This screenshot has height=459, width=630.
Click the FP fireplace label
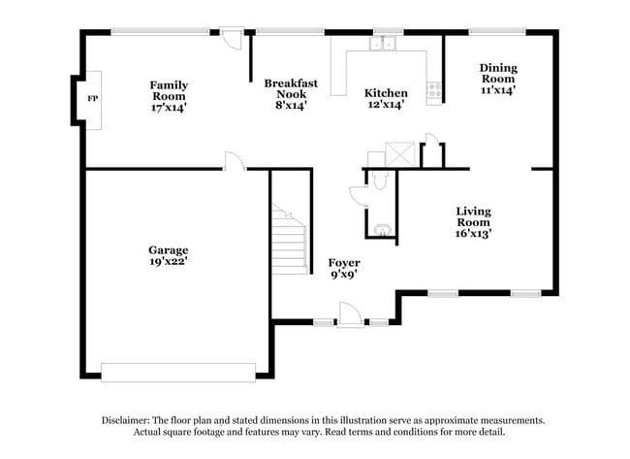tap(93, 99)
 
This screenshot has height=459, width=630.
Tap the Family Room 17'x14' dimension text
tap(169, 108)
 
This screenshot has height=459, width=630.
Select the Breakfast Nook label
tap(291, 88)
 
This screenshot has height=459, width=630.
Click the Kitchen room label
tap(386, 93)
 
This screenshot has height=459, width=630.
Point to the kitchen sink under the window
tap(383, 44)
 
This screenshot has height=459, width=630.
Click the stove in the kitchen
tap(434, 90)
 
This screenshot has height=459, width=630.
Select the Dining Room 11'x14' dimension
tap(498, 90)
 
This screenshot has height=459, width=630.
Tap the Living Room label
tap(474, 216)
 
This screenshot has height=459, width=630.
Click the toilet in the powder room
tap(380, 180)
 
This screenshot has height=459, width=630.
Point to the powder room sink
tap(383, 230)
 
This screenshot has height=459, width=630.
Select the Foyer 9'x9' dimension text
tap(344, 275)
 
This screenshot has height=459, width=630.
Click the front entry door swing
tap(350, 313)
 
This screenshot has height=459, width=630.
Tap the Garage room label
tap(169, 249)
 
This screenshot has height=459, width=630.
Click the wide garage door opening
tap(178, 373)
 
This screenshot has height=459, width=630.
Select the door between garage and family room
tap(235, 161)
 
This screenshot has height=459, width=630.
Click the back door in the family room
tap(232, 39)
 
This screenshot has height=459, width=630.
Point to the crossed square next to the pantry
tap(400, 154)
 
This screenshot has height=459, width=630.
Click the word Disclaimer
tap(126, 420)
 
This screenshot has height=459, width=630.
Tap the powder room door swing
tap(358, 197)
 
